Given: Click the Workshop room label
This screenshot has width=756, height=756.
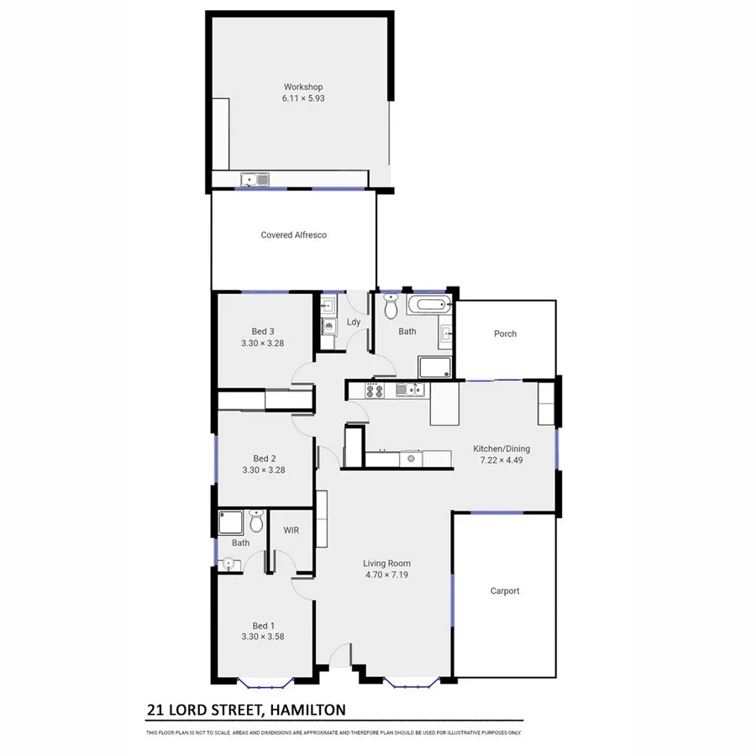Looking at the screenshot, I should tap(302, 87).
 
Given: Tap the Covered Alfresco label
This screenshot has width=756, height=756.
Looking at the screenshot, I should tap(293, 235).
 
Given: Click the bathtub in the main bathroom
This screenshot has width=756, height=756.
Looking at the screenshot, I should tap(428, 307).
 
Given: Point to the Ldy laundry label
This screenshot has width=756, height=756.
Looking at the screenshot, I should tap(354, 323).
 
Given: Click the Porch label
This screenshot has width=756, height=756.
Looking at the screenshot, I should tap(505, 333).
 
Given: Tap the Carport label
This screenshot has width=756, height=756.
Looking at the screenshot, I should tap(505, 591).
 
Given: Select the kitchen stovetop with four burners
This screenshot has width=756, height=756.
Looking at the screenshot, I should tap(374, 390).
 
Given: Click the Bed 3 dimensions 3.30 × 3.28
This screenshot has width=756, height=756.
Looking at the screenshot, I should tap(263, 343).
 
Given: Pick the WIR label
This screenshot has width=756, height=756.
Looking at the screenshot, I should tap(291, 530).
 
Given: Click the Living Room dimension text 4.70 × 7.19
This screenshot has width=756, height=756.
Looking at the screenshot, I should tap(386, 575).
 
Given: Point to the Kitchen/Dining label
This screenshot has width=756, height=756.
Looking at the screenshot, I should tap(501, 449).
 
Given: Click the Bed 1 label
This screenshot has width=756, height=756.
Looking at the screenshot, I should tap(263, 625).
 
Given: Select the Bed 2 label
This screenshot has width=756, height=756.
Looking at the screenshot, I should tap(264, 459).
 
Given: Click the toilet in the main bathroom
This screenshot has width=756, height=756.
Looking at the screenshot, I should tap(391, 307).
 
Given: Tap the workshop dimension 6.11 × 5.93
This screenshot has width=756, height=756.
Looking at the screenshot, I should tap(302, 98).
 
